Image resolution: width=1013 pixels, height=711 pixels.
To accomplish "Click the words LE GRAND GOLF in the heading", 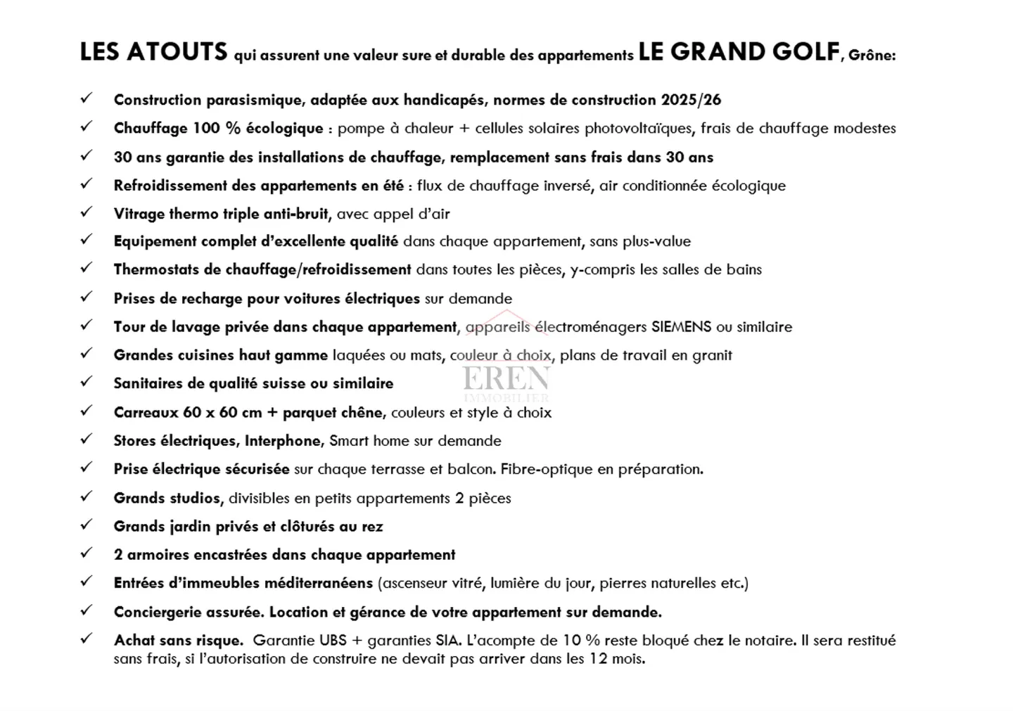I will [739, 53].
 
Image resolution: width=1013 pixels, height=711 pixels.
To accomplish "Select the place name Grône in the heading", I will [872, 56].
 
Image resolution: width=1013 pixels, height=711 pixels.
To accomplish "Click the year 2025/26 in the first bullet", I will [691, 100].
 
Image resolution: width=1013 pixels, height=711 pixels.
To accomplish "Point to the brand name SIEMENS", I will [682, 327].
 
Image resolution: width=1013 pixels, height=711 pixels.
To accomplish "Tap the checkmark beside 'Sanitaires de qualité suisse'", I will [87, 382].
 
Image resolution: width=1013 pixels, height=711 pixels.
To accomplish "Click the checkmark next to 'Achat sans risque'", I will [87, 639].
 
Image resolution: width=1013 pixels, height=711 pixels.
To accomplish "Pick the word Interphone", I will [282, 441].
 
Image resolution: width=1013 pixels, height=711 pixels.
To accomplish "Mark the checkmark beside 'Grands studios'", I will [87, 497].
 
